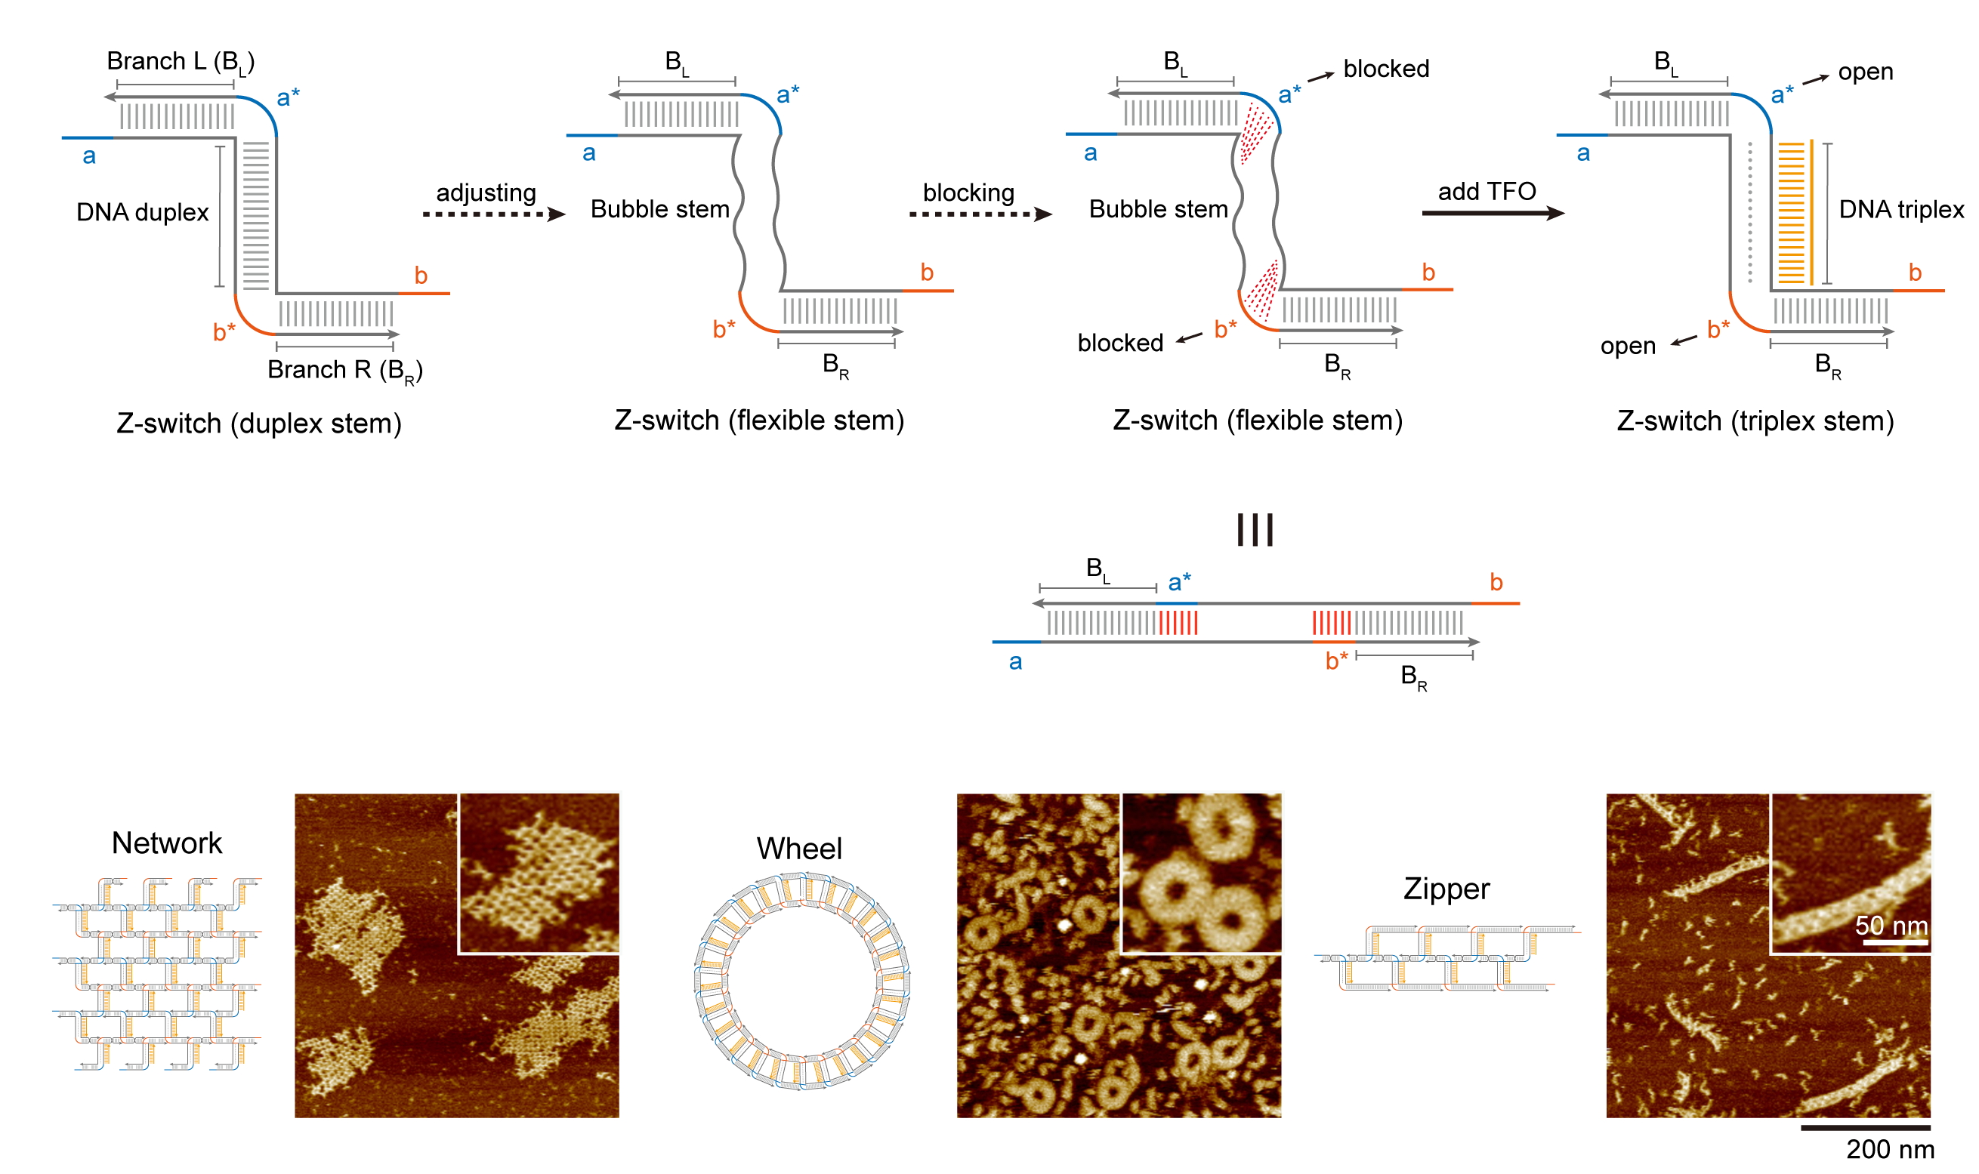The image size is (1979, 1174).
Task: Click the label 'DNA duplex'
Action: point(143,212)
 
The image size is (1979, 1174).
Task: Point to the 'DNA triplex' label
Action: point(1900,209)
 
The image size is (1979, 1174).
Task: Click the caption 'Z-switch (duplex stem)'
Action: point(259,424)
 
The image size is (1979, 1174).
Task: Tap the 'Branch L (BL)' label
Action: point(181,62)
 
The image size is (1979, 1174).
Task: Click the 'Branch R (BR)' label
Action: point(344,370)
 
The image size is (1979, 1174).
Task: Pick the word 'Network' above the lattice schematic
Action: point(167,843)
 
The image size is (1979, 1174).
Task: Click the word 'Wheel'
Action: point(798,848)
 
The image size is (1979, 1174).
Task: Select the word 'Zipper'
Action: point(1446,889)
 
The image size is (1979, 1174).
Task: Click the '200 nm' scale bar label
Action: point(1889,1148)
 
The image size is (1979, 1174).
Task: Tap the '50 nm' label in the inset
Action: point(1891,925)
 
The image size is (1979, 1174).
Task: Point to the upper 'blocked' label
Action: point(1385,69)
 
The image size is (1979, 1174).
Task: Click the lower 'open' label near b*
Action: point(1627,346)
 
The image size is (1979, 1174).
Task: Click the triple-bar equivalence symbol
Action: point(1254,529)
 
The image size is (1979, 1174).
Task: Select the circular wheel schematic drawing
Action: point(801,981)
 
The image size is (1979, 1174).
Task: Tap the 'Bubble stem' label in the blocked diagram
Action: point(1158,209)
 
